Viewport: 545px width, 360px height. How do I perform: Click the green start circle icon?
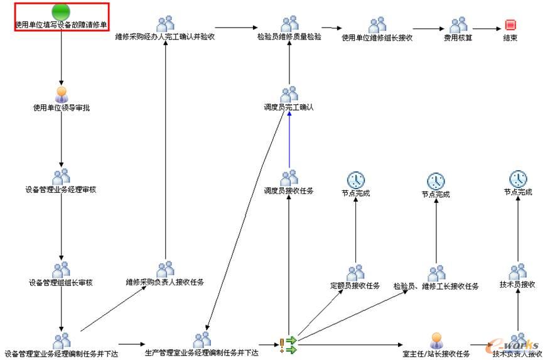[x=61, y=11]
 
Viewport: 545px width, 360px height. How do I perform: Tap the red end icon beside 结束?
[x=510, y=25]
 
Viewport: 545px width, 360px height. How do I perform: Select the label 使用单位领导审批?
[x=62, y=108]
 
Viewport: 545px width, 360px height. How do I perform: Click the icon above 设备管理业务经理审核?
[x=62, y=177]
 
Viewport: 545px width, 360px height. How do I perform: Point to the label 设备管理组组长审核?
[x=61, y=283]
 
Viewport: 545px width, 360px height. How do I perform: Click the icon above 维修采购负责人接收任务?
[x=165, y=270]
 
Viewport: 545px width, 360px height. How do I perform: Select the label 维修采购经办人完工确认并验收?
[x=165, y=37]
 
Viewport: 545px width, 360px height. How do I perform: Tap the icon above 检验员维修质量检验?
[x=289, y=25]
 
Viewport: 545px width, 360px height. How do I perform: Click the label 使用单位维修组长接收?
[x=377, y=37]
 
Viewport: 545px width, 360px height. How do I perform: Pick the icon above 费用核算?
[x=458, y=25]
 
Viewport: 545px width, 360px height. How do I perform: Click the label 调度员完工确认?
[x=289, y=107]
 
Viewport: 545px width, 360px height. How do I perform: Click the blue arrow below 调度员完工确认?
[x=289, y=141]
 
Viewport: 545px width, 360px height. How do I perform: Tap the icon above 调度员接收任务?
[x=289, y=178]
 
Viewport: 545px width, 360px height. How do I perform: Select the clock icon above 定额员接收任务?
[x=355, y=180]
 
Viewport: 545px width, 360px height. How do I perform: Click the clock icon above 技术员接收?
[x=518, y=178]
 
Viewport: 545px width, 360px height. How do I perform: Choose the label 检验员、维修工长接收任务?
[x=436, y=286]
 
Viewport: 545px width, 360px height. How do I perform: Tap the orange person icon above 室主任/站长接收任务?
[x=437, y=341]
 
